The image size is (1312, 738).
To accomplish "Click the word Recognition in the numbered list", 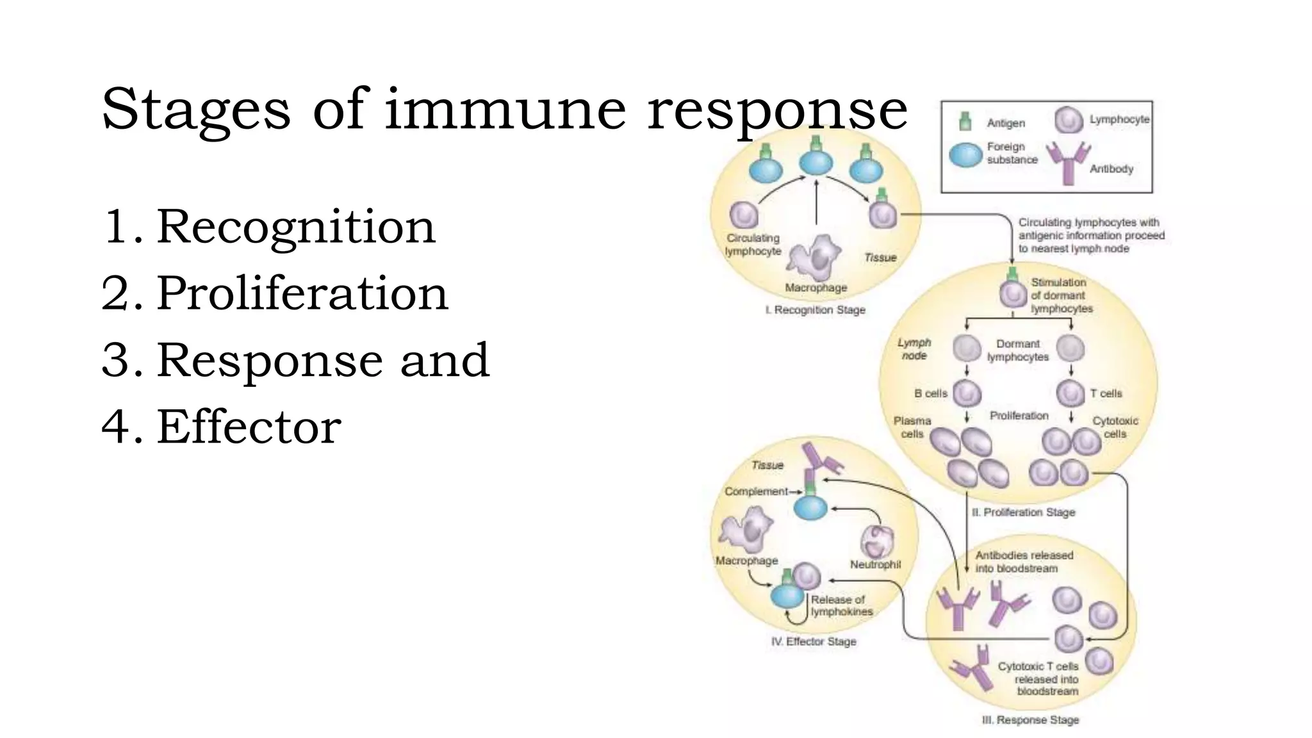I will click(x=295, y=227).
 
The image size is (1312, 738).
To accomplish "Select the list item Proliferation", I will click(x=302, y=293).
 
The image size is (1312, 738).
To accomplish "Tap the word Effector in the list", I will click(x=249, y=427).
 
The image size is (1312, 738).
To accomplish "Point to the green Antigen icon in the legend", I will click(x=965, y=121).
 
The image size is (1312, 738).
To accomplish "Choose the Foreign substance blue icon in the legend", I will click(x=965, y=154).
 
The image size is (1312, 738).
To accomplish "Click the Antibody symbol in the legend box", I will click(x=1067, y=162).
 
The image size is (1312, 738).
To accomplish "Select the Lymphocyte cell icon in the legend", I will click(x=1069, y=120).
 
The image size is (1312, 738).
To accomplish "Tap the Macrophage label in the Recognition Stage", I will click(x=816, y=288).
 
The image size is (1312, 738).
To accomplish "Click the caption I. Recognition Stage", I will click(x=815, y=310).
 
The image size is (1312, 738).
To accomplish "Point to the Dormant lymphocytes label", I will click(x=1017, y=350).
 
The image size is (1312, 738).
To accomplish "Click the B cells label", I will click(x=930, y=393).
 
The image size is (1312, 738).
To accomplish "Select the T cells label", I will click(x=1106, y=393).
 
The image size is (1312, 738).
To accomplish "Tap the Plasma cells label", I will click(x=912, y=427).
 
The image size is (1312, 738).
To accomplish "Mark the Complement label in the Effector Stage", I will click(x=756, y=491).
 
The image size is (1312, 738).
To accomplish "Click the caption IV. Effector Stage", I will click(x=814, y=641).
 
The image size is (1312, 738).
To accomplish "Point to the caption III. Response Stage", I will click(x=1030, y=720).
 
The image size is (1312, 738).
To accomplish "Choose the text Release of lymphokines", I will click(x=840, y=605).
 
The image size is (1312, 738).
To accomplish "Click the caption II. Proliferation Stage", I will click(x=1023, y=512).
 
